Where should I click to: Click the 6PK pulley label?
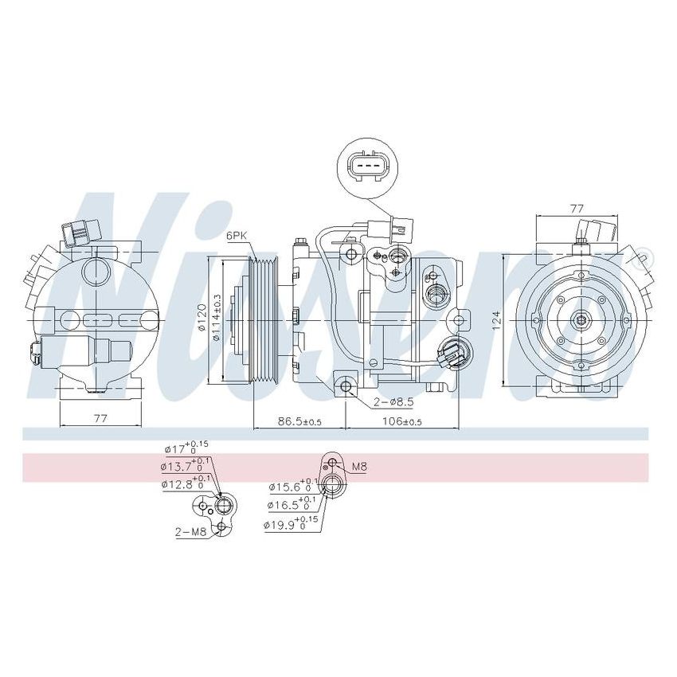click(237, 235)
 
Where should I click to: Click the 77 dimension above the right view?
click(577, 208)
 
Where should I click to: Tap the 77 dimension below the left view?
click(100, 418)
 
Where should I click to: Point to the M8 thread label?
click(358, 467)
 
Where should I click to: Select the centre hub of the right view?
click(581, 320)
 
